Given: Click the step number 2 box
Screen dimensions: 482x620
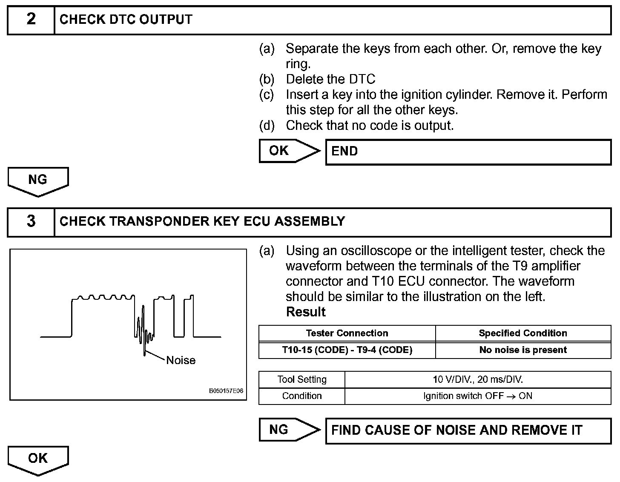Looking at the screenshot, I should [x=31, y=20].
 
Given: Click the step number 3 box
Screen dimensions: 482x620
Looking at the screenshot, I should [x=31, y=222].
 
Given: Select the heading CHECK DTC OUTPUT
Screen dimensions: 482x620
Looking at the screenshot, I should [x=126, y=20].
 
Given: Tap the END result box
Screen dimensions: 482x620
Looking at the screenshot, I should [x=468, y=152].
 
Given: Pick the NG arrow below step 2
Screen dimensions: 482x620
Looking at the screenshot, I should [x=38, y=180].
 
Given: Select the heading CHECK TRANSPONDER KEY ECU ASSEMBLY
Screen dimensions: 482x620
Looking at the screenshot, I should [x=202, y=221].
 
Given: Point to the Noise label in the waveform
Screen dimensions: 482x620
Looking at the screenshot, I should [x=181, y=360].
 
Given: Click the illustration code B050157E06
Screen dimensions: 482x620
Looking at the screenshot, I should [x=226, y=391].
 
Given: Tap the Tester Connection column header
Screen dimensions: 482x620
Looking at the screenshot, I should [x=347, y=333].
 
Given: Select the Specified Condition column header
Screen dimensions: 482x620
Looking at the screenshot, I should [x=523, y=333].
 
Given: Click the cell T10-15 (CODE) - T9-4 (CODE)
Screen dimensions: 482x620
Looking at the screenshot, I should [x=347, y=350].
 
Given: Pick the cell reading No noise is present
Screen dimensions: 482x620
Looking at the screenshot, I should [x=523, y=350].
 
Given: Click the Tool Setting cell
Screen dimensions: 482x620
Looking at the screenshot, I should [x=302, y=379].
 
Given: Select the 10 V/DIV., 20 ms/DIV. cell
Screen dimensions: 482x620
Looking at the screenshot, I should [x=478, y=379].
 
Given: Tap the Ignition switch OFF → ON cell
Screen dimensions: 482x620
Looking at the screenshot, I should [x=478, y=396].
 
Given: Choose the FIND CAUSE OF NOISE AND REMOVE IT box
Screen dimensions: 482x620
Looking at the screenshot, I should [x=468, y=430].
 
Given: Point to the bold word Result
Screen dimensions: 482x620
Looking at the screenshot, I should [x=306, y=312].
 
